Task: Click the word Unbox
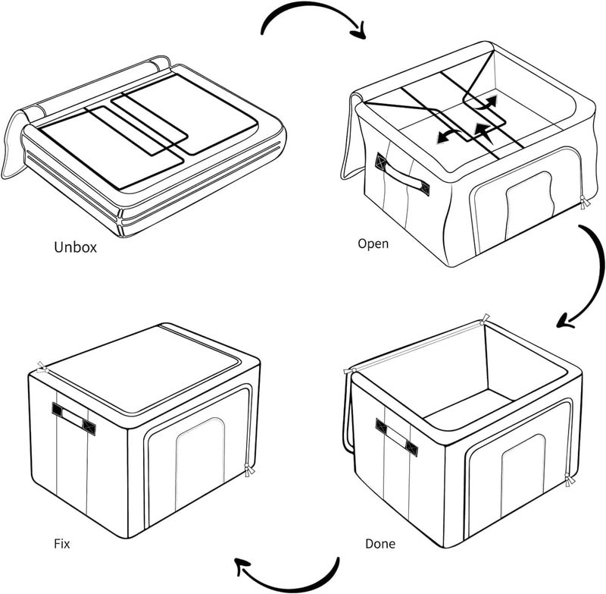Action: click(x=75, y=247)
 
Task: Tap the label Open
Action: click(x=373, y=244)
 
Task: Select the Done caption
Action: click(x=380, y=544)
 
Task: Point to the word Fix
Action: click(x=62, y=544)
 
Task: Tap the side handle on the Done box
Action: click(x=397, y=437)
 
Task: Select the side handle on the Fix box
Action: click(x=73, y=418)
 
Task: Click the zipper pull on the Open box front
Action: click(x=584, y=203)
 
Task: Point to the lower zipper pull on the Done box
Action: click(x=569, y=480)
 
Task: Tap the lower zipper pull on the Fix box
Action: click(x=249, y=470)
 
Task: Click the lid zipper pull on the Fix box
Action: click(x=42, y=367)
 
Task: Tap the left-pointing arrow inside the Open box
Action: click(x=449, y=136)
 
